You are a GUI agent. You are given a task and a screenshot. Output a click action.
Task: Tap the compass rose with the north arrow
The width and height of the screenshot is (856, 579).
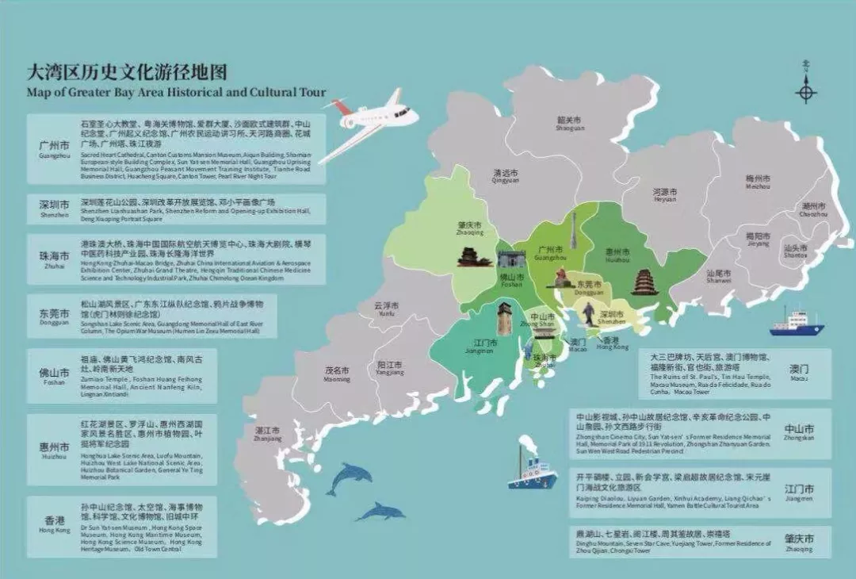[x=806, y=90]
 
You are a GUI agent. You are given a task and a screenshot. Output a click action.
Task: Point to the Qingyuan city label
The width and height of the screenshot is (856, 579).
[x=505, y=175]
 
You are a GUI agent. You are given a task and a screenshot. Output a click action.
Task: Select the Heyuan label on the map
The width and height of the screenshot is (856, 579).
[x=664, y=195]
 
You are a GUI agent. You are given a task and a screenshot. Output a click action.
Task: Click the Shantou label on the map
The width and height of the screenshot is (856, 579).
[x=795, y=251]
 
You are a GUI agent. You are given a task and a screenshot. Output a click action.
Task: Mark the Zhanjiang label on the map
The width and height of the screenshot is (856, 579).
[x=268, y=434]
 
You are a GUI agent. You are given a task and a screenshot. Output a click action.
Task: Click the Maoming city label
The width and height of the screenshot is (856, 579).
[x=337, y=374]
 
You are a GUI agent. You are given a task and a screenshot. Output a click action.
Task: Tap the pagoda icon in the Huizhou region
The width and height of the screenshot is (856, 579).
[x=644, y=282]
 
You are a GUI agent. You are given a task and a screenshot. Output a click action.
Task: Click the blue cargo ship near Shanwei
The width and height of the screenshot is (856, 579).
[x=797, y=324]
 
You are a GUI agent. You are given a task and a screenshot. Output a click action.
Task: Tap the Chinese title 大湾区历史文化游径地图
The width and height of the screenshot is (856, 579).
[x=126, y=72]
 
